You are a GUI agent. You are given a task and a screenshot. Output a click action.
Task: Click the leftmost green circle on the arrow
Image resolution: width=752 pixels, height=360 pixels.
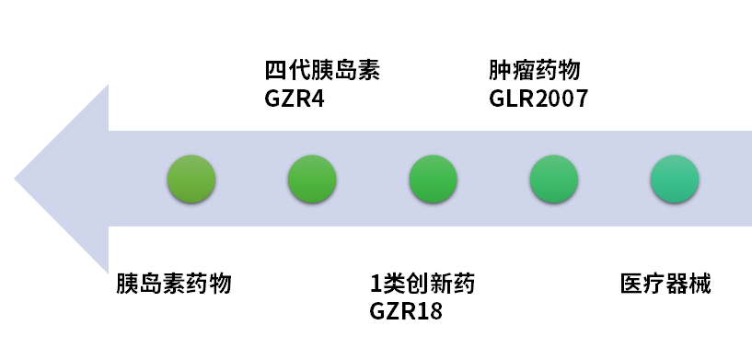tap(191, 179)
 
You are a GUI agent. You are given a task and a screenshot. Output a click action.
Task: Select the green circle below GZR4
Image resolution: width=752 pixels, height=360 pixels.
tap(312, 179)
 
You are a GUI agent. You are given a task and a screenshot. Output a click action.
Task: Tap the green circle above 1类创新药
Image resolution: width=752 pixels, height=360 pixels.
tap(434, 179)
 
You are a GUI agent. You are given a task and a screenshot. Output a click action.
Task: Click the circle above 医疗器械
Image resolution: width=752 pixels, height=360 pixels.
tap(675, 179)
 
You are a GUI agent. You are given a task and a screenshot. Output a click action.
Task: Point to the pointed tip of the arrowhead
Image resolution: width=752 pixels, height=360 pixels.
tap(17, 179)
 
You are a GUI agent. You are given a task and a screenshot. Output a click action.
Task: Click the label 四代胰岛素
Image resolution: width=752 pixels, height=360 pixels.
tap(321, 70)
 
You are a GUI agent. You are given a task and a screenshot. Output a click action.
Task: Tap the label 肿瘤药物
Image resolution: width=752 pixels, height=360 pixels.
tap(535, 70)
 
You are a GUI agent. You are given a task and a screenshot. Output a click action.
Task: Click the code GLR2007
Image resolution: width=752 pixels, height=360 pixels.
tap(538, 98)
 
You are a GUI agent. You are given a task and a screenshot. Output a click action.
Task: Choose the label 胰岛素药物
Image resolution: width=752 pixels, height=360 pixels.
tap(173, 283)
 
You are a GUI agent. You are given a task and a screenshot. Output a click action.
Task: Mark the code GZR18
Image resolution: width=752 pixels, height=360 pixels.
tap(406, 310)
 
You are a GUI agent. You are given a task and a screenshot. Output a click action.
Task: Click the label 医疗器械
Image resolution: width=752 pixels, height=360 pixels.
tap(665, 283)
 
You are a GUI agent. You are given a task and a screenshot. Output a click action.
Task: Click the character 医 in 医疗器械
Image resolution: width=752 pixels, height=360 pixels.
tap(631, 283)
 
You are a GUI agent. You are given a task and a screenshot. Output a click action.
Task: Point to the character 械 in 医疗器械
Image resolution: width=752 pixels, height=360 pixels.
tap(700, 283)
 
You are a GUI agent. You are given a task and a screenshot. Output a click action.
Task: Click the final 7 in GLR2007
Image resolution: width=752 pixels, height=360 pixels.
tap(581, 98)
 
